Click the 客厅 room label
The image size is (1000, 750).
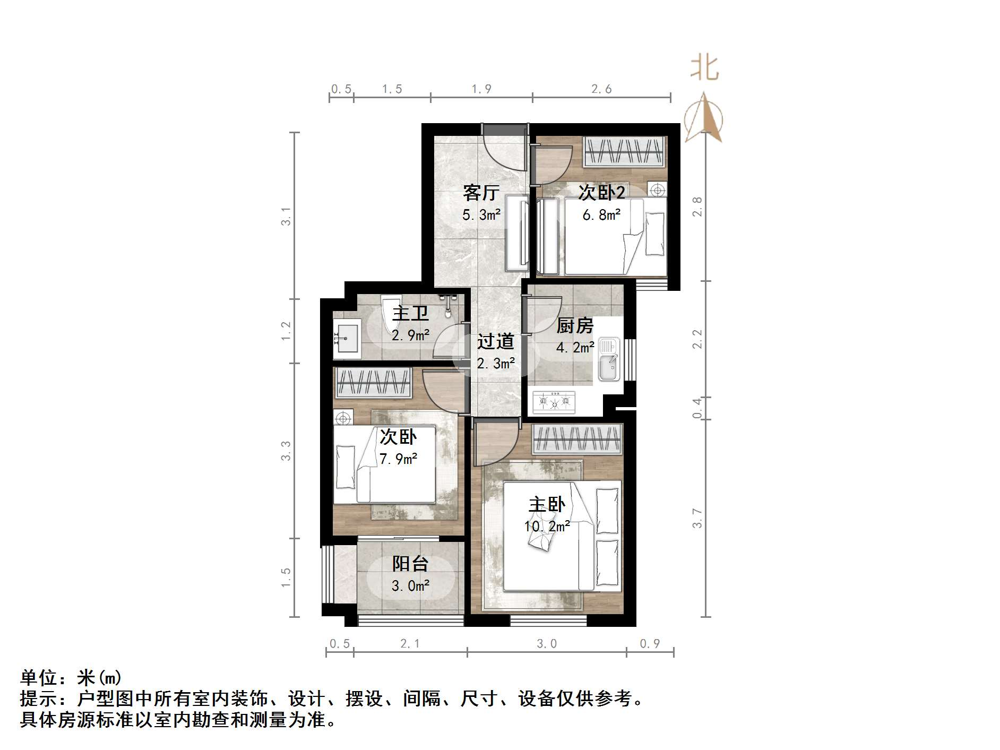pos(481,192)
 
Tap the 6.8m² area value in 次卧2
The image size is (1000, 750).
pos(601,215)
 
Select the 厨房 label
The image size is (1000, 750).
pos(574,325)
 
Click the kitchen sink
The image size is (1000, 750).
pos(609,360)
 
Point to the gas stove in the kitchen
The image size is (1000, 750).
pos(554,402)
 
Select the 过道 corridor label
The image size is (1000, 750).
pos(495,341)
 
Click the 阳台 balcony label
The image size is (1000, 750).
pos(410,564)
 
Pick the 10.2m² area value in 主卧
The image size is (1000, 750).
pos(547,527)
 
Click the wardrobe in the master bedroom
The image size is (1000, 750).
pos(577,439)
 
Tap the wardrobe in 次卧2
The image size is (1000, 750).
pos(624,152)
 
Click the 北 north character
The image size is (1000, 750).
pos(704,68)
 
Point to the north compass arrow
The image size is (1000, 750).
pos(704,118)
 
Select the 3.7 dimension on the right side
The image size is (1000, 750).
pos(697,518)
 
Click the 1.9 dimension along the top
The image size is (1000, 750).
pos(481,89)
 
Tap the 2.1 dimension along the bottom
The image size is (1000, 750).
pos(410,644)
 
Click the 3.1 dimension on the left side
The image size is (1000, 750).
pos(286,216)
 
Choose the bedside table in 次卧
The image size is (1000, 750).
pos(343,418)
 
